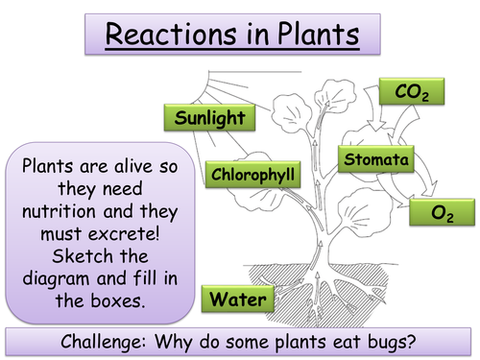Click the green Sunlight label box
coord(209,119)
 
